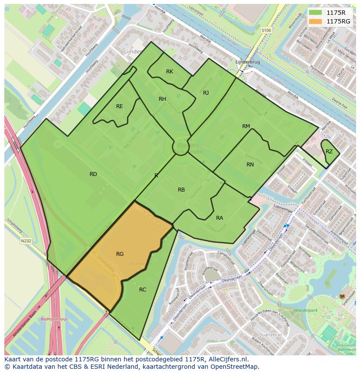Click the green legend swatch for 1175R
(x=316, y=13)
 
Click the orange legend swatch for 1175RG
(x=316, y=21)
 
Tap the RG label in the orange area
(x=120, y=254)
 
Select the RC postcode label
(x=143, y=290)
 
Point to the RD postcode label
(x=93, y=174)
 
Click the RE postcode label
(x=120, y=106)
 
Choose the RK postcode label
(x=170, y=72)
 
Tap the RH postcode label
(x=162, y=99)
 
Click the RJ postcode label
(x=206, y=93)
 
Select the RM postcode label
(x=246, y=126)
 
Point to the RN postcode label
(x=250, y=165)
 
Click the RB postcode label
(x=181, y=190)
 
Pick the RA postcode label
(x=220, y=218)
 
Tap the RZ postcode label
(x=329, y=152)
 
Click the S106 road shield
(x=267, y=30)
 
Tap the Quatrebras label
(x=270, y=335)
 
